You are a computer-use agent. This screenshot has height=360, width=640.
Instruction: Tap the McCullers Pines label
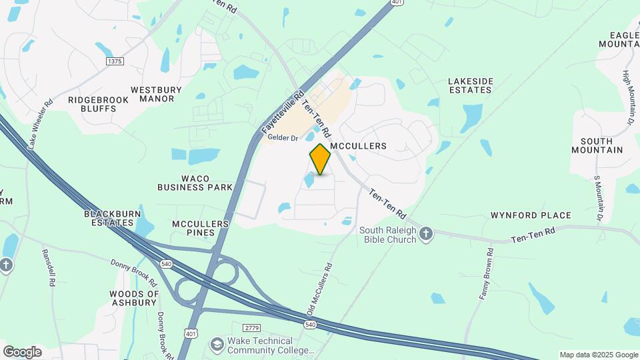(201, 228)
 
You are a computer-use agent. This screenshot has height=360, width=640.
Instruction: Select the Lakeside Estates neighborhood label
(471, 86)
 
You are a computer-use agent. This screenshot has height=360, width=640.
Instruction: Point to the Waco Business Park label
(195, 183)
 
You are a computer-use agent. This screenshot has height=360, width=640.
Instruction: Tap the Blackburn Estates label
(113, 219)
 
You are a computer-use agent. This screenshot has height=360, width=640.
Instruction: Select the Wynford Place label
(531, 215)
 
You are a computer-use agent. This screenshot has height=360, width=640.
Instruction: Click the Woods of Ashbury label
(135, 298)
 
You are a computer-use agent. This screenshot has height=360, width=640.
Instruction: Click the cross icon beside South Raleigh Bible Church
(427, 234)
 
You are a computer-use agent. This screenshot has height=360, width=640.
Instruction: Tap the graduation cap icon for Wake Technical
(217, 344)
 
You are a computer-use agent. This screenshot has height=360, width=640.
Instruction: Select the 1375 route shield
(115, 61)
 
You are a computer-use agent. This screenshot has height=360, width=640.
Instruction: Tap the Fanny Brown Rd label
(485, 273)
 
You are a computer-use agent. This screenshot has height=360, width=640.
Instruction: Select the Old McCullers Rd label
(320, 289)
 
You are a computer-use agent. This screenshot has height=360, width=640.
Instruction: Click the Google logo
(22, 351)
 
